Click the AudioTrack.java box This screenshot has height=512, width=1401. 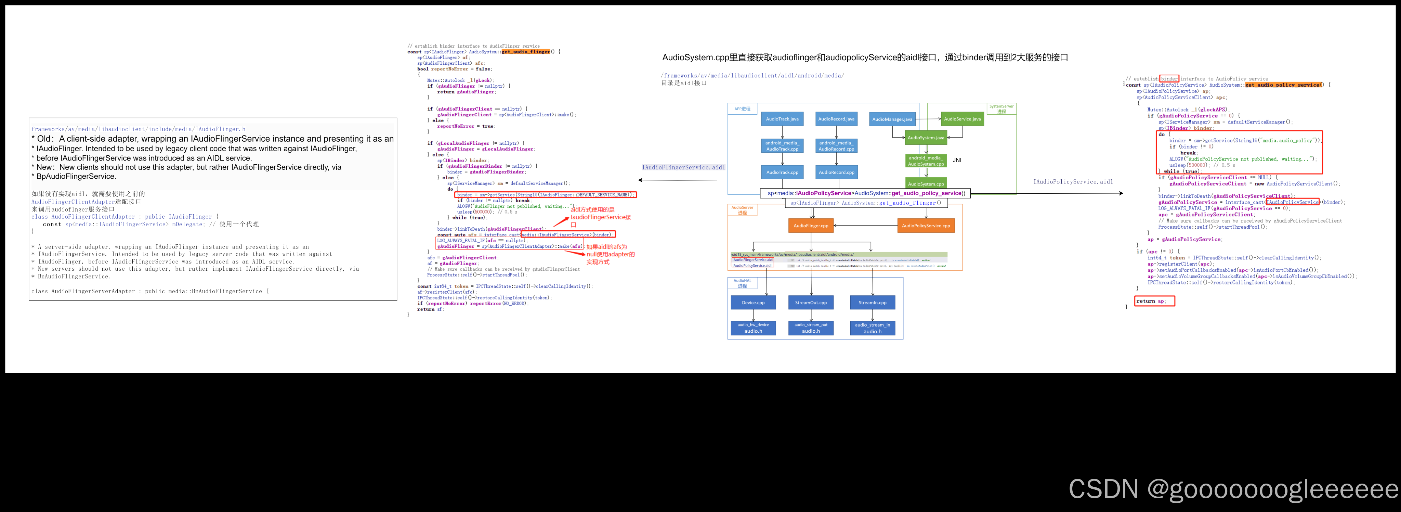pos(782,119)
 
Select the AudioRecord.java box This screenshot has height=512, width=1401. pos(836,119)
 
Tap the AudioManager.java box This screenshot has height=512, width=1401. pos(892,119)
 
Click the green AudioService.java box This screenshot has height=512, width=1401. pos(962,119)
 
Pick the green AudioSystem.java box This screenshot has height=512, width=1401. pos(925,138)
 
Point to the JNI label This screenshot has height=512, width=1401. pos(957,160)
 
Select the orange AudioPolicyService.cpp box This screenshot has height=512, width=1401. pos(925,225)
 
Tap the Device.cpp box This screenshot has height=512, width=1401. pos(753,303)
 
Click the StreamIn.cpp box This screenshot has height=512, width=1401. pos(872,303)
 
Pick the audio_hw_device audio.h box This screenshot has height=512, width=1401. pos(753,328)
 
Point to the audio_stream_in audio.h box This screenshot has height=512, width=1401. pos(872,328)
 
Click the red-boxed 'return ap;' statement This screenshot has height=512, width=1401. pos(1154,301)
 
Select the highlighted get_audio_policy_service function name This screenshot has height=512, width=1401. pos(1282,85)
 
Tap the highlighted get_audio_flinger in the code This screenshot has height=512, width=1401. pos(525,52)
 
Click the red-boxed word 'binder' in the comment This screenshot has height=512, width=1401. pos(1169,78)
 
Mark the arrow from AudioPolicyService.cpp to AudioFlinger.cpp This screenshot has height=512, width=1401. pos(865,225)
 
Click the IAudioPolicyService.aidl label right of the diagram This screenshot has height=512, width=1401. pos(1073,182)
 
